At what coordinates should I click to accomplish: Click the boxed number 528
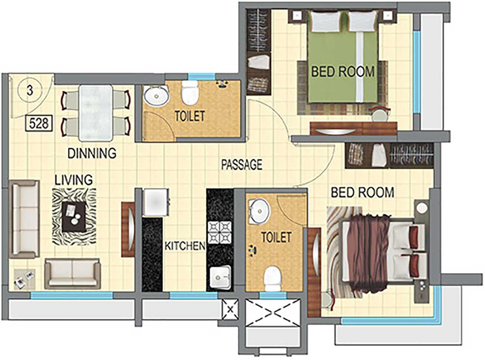pos(39,124)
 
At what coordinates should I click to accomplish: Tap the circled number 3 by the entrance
pos(30,91)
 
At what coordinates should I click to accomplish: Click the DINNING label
pos(92,153)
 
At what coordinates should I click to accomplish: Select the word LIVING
pos(73,180)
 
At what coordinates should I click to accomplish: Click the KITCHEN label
pos(185,246)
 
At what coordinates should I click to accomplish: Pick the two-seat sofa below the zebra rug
pos(73,274)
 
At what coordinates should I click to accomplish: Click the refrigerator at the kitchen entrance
pos(156,202)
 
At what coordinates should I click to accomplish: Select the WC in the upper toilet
pos(190,93)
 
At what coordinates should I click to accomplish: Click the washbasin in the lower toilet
pos(259,211)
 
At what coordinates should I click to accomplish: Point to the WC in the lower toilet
pos(273,279)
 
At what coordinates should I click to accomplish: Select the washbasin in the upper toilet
pos(156,96)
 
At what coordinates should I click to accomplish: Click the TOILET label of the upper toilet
pos(190,116)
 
